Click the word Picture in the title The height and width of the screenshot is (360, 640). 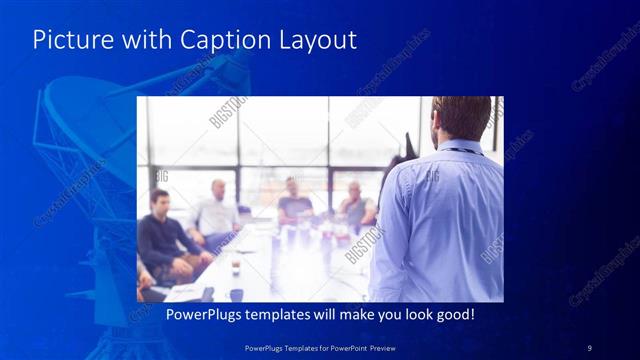tap(68, 40)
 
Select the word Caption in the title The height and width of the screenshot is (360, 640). tap(218, 40)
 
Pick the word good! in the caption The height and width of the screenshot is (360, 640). tap(451, 314)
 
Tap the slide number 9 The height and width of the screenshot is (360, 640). tap(590, 347)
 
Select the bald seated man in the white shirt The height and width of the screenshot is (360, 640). tap(216, 210)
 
